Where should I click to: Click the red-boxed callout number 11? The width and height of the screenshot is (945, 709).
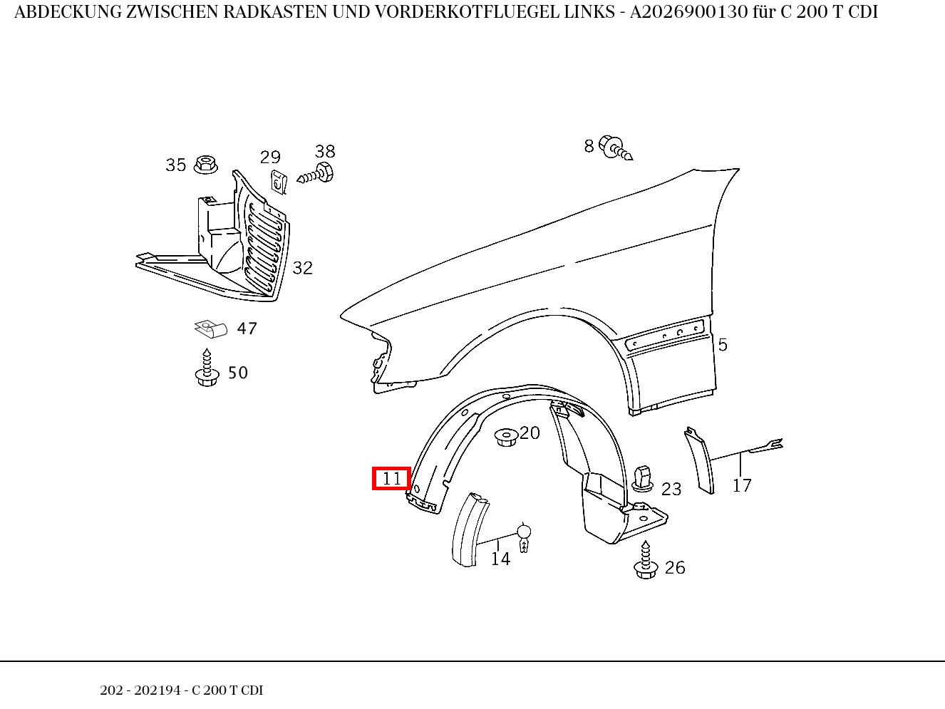392,479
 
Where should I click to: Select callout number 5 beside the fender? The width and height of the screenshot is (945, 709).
722,345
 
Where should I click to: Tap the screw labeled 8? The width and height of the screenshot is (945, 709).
614,148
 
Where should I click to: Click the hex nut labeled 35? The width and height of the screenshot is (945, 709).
205,165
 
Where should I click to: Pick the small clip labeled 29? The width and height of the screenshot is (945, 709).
278,182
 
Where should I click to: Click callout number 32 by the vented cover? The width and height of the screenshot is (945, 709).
302,268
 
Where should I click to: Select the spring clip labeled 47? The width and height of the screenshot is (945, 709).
211,328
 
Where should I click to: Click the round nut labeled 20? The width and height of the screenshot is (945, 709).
505,436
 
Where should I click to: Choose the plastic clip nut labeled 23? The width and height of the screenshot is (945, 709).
644,477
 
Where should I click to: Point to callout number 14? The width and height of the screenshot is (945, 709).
500,559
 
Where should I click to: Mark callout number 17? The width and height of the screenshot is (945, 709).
742,486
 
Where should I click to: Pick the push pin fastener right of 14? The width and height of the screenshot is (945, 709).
524,538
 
